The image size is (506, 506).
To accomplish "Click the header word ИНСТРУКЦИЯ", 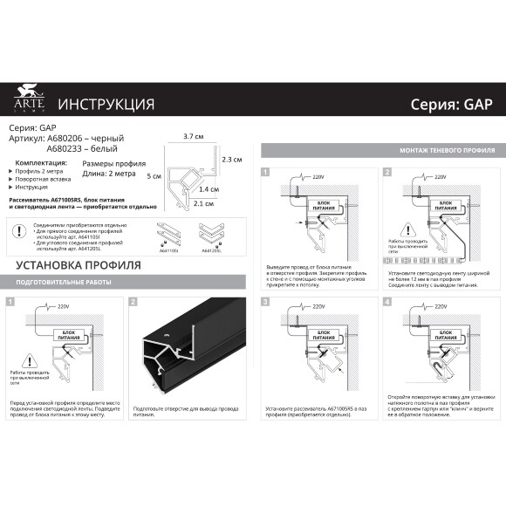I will pos(106,105).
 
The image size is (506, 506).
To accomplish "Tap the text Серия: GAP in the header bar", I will pos(451,105).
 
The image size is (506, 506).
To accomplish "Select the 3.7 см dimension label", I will pos(193,137).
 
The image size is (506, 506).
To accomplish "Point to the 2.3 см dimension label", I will pos(231,160).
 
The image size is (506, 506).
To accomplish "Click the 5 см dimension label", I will pos(154,175).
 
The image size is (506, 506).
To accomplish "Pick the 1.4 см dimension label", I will pos(208,189).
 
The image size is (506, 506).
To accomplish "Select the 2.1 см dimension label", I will pos(202,204).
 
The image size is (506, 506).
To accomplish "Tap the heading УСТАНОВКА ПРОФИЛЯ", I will pos(73,265).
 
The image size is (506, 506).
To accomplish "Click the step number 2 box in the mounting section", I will pos(386,172).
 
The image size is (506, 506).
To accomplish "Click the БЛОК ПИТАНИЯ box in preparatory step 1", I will pos(67,332).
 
